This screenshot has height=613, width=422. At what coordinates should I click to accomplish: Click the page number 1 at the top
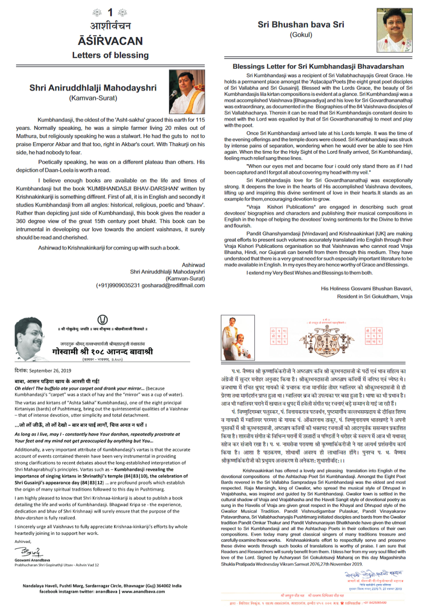110,12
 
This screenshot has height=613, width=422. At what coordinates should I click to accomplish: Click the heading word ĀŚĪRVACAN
110,41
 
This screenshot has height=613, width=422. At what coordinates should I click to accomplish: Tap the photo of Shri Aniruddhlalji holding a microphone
187,92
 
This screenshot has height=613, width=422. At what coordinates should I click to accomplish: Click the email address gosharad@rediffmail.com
173,285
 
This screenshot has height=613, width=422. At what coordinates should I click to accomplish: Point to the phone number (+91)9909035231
118,285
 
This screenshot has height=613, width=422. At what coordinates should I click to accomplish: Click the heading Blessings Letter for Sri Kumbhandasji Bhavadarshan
318,66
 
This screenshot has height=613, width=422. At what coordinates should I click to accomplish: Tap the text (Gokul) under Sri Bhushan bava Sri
301,35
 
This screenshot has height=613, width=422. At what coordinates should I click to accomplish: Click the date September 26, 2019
50,370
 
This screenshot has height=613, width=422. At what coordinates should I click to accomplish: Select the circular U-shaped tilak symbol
102,320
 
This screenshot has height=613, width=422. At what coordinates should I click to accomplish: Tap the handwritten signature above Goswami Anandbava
29,552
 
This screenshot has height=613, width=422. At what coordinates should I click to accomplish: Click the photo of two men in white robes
238,337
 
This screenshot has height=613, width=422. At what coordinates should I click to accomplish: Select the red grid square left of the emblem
278,336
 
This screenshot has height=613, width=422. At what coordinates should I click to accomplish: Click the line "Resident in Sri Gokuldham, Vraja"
374,296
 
